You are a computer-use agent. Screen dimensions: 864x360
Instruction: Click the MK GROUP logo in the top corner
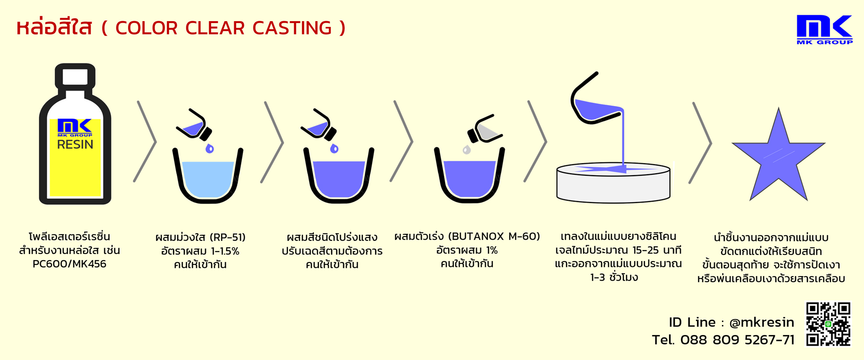pos(825,29)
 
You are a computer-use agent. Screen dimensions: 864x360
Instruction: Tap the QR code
pos(828,324)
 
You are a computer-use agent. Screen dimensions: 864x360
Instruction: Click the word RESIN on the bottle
pos(75,144)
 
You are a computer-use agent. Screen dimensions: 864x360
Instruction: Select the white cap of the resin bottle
pos(75,77)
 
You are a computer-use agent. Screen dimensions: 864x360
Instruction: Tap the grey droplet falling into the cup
pos(467,150)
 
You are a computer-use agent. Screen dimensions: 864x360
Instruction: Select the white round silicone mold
pos(613,183)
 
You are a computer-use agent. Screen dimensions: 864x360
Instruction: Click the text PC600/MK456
pos(70,264)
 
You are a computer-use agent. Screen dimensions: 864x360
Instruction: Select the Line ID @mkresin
pos(762,323)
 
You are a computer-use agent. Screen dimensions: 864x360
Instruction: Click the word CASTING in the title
pos(292,28)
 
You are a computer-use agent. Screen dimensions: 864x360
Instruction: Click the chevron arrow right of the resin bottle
pos(145,142)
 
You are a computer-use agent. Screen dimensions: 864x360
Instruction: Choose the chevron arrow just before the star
pos(700,143)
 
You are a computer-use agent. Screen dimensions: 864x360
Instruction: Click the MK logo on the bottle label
pos(75,128)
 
